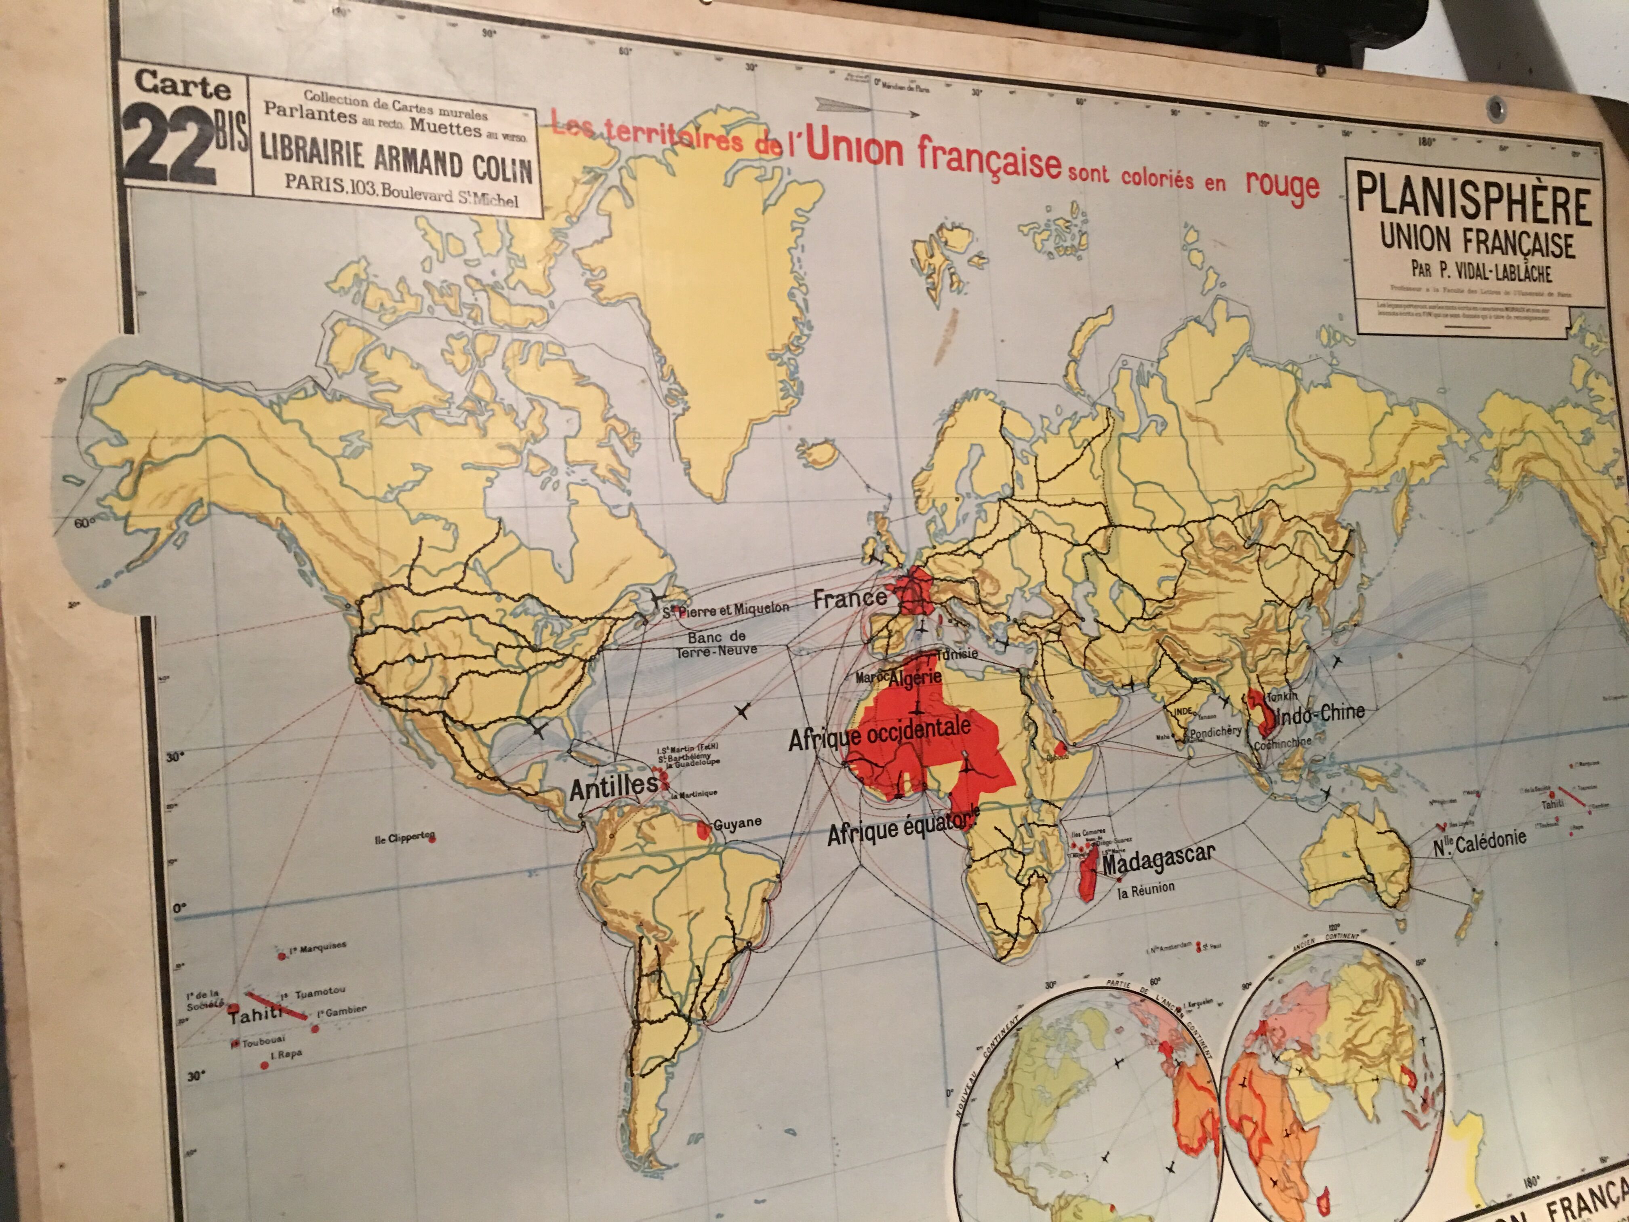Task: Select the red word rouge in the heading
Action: pos(1282,185)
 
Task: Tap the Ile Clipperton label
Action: pos(405,838)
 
